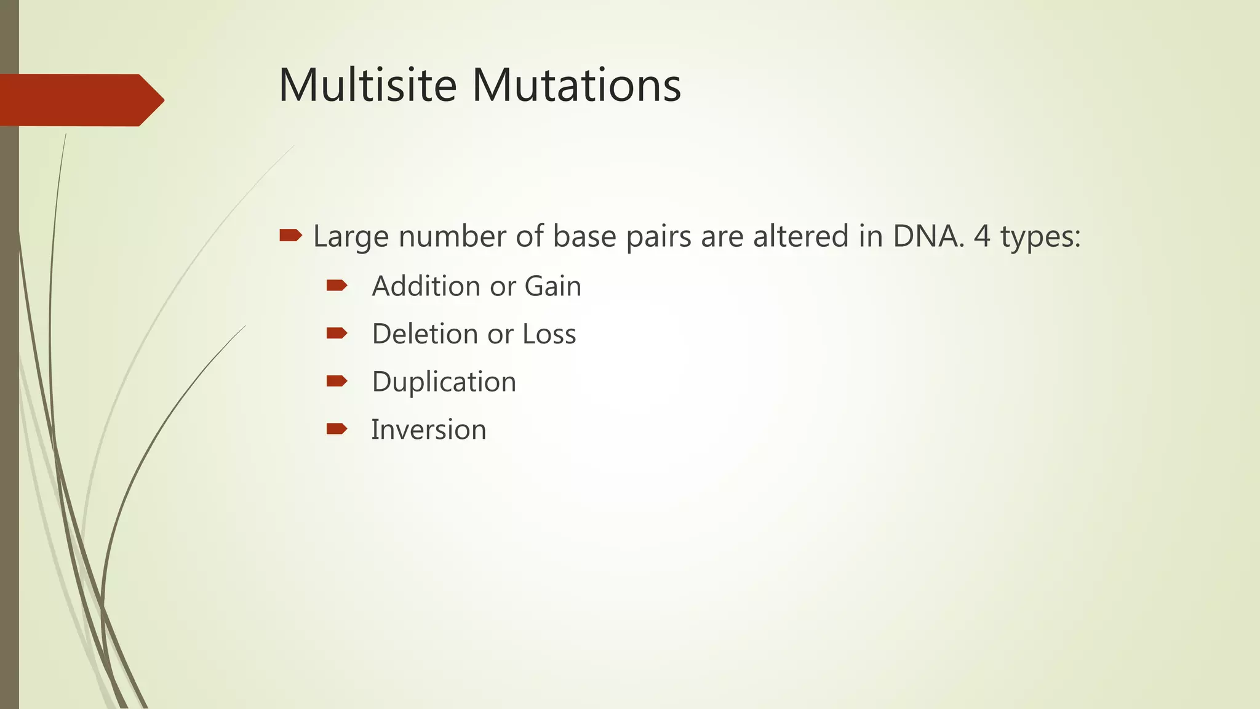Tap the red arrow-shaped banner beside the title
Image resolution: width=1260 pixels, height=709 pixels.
pyautogui.click(x=80, y=100)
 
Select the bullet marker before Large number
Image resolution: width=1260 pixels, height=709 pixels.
pyautogui.click(x=290, y=235)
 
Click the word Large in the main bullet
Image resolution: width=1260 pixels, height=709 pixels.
pyautogui.click(x=351, y=237)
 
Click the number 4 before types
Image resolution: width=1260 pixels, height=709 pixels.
pyautogui.click(x=983, y=236)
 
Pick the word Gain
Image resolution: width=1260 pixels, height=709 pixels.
pyautogui.click(x=552, y=286)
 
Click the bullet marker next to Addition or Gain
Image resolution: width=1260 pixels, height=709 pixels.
pyautogui.click(x=337, y=285)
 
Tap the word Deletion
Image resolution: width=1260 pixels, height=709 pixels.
pyautogui.click(x=425, y=334)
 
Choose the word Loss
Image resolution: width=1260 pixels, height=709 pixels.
pyautogui.click(x=549, y=334)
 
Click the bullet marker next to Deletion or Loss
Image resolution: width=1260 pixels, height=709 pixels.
pyautogui.click(x=337, y=333)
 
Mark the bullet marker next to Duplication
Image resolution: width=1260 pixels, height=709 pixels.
pyautogui.click(x=337, y=381)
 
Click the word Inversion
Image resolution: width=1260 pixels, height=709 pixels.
pyautogui.click(x=428, y=430)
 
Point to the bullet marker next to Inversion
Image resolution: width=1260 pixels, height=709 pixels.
pyautogui.click(x=337, y=428)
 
